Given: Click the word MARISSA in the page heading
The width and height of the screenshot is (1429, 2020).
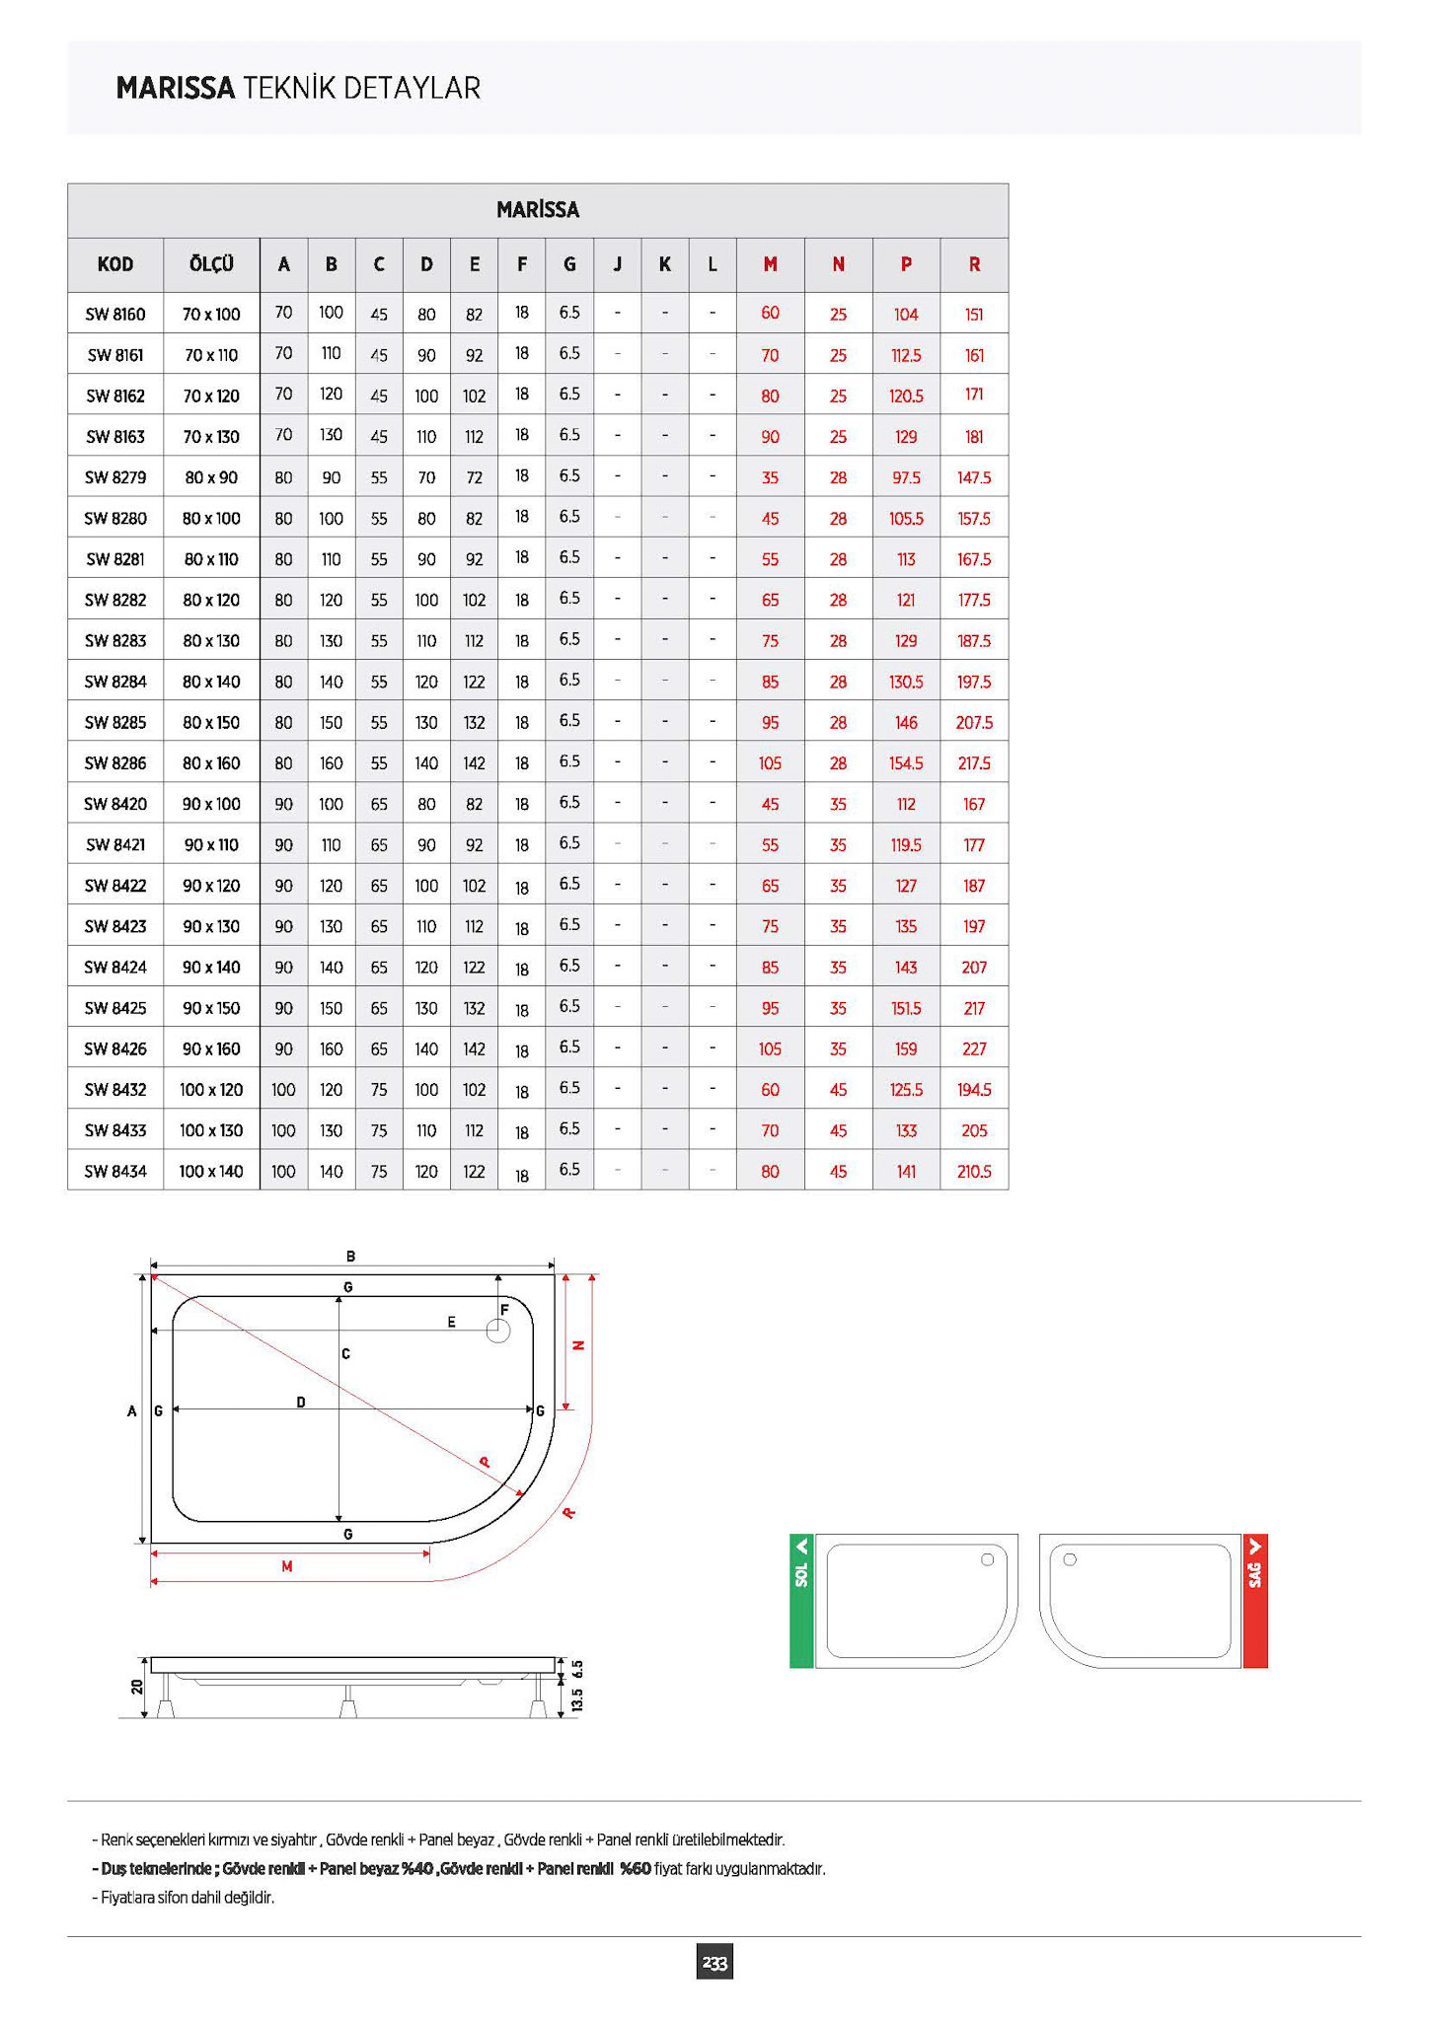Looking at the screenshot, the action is point(176,88).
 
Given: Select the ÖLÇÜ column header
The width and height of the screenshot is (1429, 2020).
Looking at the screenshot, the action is point(211,264).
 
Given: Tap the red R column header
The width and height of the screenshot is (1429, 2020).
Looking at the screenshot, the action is point(974,264).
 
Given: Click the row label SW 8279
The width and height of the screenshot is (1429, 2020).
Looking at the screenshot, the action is point(115,477).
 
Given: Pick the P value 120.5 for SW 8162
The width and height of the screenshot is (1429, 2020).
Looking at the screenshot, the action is point(906,396).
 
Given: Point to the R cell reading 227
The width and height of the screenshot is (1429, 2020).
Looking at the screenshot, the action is point(974,1048).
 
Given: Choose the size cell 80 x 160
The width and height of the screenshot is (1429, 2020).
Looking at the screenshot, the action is point(211,763).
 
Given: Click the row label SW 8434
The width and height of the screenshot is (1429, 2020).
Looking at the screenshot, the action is point(115,1172).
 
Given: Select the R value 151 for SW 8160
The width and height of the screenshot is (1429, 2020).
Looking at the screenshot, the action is point(974,315).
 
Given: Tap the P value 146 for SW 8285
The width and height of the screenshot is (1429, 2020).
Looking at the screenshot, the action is point(906,723).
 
